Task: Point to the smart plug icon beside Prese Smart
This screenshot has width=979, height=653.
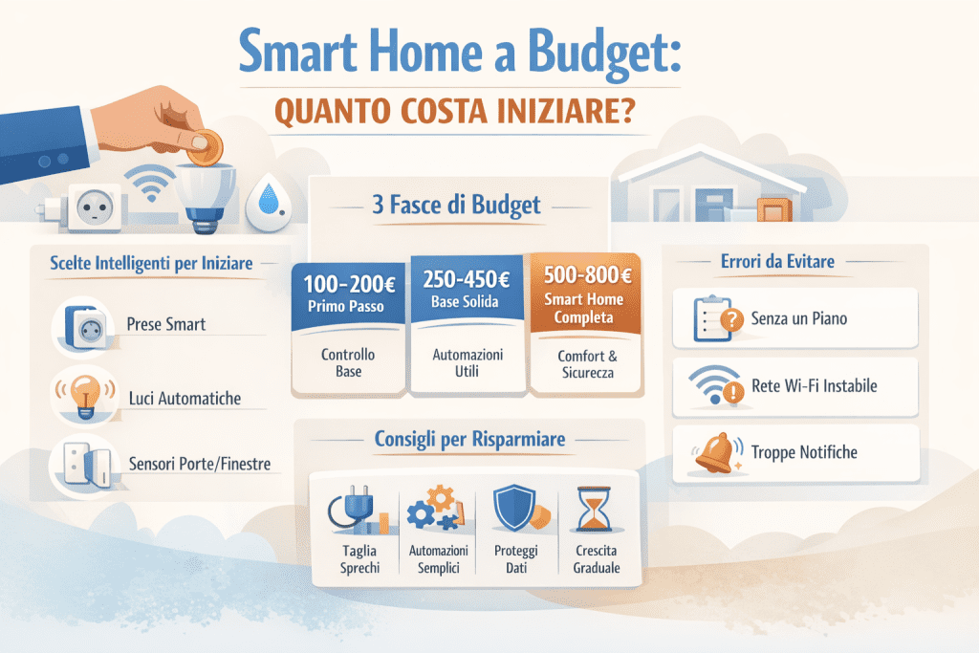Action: coord(81,324)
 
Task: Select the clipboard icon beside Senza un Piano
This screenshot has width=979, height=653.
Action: coord(714,319)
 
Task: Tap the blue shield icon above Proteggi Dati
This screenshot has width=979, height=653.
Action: coord(513,506)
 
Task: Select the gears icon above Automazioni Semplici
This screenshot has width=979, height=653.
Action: coord(436,509)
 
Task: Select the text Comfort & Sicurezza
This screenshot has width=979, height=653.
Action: coord(584,362)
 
